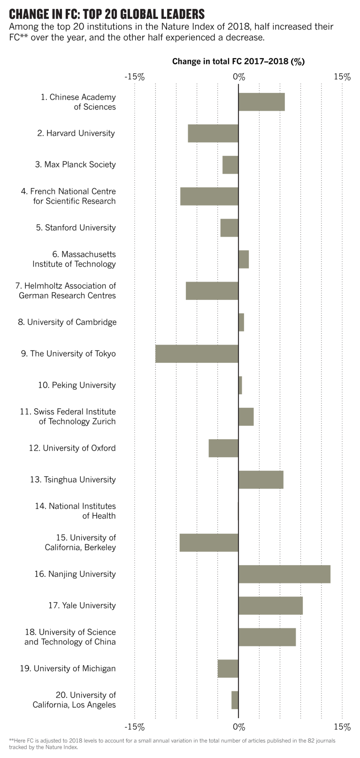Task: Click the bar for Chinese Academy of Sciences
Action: pyautogui.click(x=261, y=102)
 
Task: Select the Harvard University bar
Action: pyautogui.click(x=213, y=133)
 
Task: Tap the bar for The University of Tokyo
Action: pyautogui.click(x=197, y=353)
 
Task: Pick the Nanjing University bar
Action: pyautogui.click(x=284, y=574)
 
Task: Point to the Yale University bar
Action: pyautogui.click(x=270, y=605)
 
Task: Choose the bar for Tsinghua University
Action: pyautogui.click(x=260, y=480)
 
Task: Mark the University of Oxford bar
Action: pyautogui.click(x=223, y=448)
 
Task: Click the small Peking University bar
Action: pyautogui.click(x=240, y=385)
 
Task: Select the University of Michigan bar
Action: pyautogui.click(x=228, y=668)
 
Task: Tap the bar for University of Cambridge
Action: pyautogui.click(x=241, y=322)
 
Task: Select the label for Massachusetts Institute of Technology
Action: pyautogui.click(x=74, y=259)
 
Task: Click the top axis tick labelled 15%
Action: pyautogui.click(x=342, y=77)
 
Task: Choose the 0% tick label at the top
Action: pyautogui.click(x=238, y=77)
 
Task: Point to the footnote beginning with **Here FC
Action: pyautogui.click(x=172, y=743)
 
